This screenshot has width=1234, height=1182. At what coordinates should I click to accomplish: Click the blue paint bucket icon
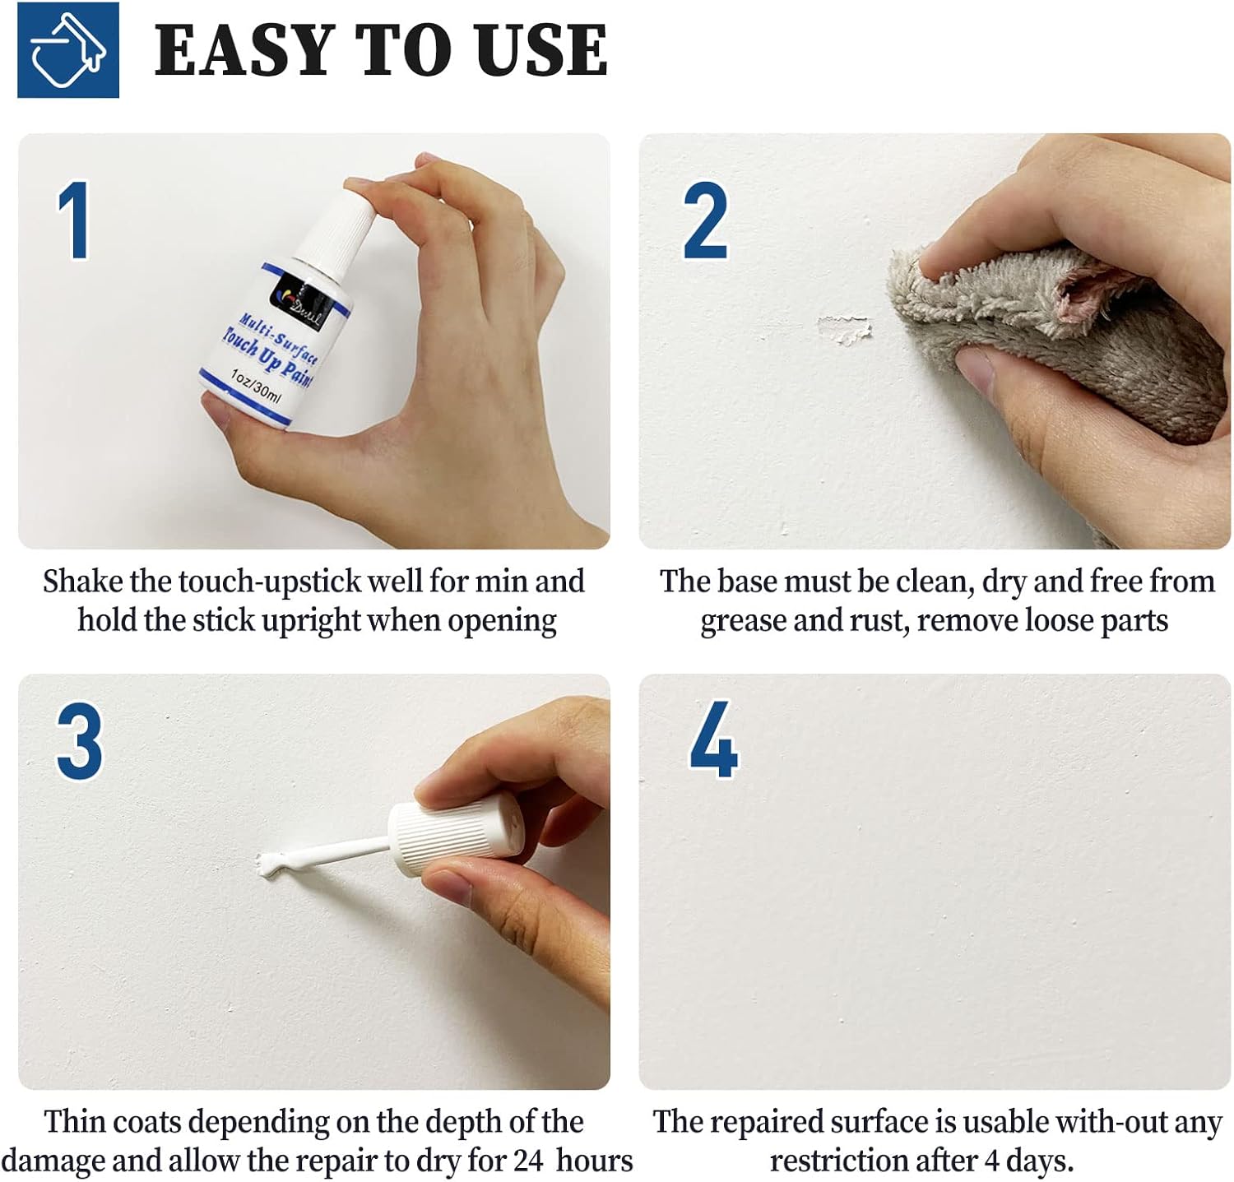click(x=68, y=50)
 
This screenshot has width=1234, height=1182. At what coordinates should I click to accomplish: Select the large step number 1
click(x=74, y=221)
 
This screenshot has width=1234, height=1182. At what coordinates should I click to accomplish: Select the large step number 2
click(x=705, y=221)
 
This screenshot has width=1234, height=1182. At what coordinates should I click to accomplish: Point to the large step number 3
click(x=79, y=741)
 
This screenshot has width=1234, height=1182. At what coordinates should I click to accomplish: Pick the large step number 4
click(x=712, y=740)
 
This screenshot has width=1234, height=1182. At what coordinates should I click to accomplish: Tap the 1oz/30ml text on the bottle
click(x=256, y=385)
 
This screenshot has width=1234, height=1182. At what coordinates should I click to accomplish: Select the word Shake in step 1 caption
click(x=82, y=582)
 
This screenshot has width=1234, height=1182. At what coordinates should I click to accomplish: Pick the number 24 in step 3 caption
click(x=527, y=1161)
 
